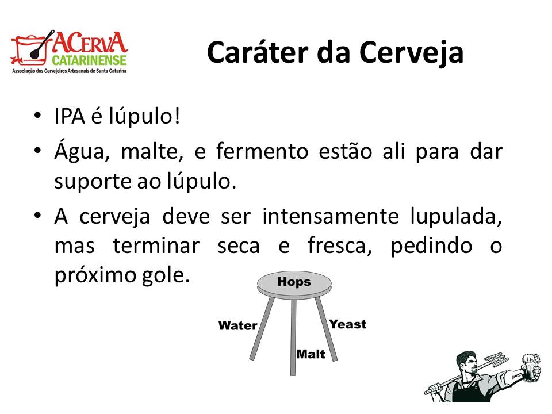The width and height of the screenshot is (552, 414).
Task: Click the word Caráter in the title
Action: click(258, 52)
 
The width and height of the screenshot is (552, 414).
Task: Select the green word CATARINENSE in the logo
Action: click(89, 60)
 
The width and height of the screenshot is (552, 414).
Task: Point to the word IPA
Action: click(70, 116)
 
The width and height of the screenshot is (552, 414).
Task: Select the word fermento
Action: click(262, 151)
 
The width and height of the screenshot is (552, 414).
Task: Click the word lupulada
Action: click(456, 217)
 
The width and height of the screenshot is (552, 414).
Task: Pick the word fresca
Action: click(339, 246)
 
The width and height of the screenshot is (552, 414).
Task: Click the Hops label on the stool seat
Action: click(294, 282)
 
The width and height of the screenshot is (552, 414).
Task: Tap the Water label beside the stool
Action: click(238, 325)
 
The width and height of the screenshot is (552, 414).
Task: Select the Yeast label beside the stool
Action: click(348, 324)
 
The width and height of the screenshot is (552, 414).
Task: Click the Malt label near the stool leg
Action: click(311, 354)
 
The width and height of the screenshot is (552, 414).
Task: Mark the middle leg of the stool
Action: click(293, 338)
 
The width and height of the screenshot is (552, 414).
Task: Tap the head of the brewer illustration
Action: click(467, 363)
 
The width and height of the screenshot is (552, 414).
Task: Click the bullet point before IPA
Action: click(38, 116)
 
